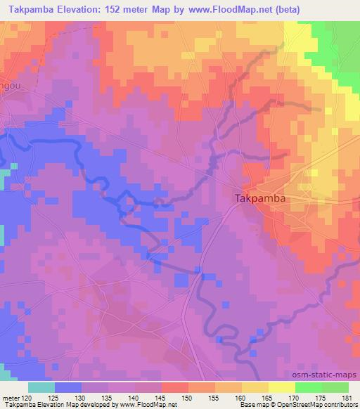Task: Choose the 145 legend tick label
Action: click(162, 398)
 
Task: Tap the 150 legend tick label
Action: click(188, 398)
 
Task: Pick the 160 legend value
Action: click(241, 398)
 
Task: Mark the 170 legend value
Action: click(294, 398)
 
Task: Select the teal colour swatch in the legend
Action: click(41, 387)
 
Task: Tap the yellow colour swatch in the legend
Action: click(281, 387)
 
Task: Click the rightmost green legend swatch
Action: click(335, 387)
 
